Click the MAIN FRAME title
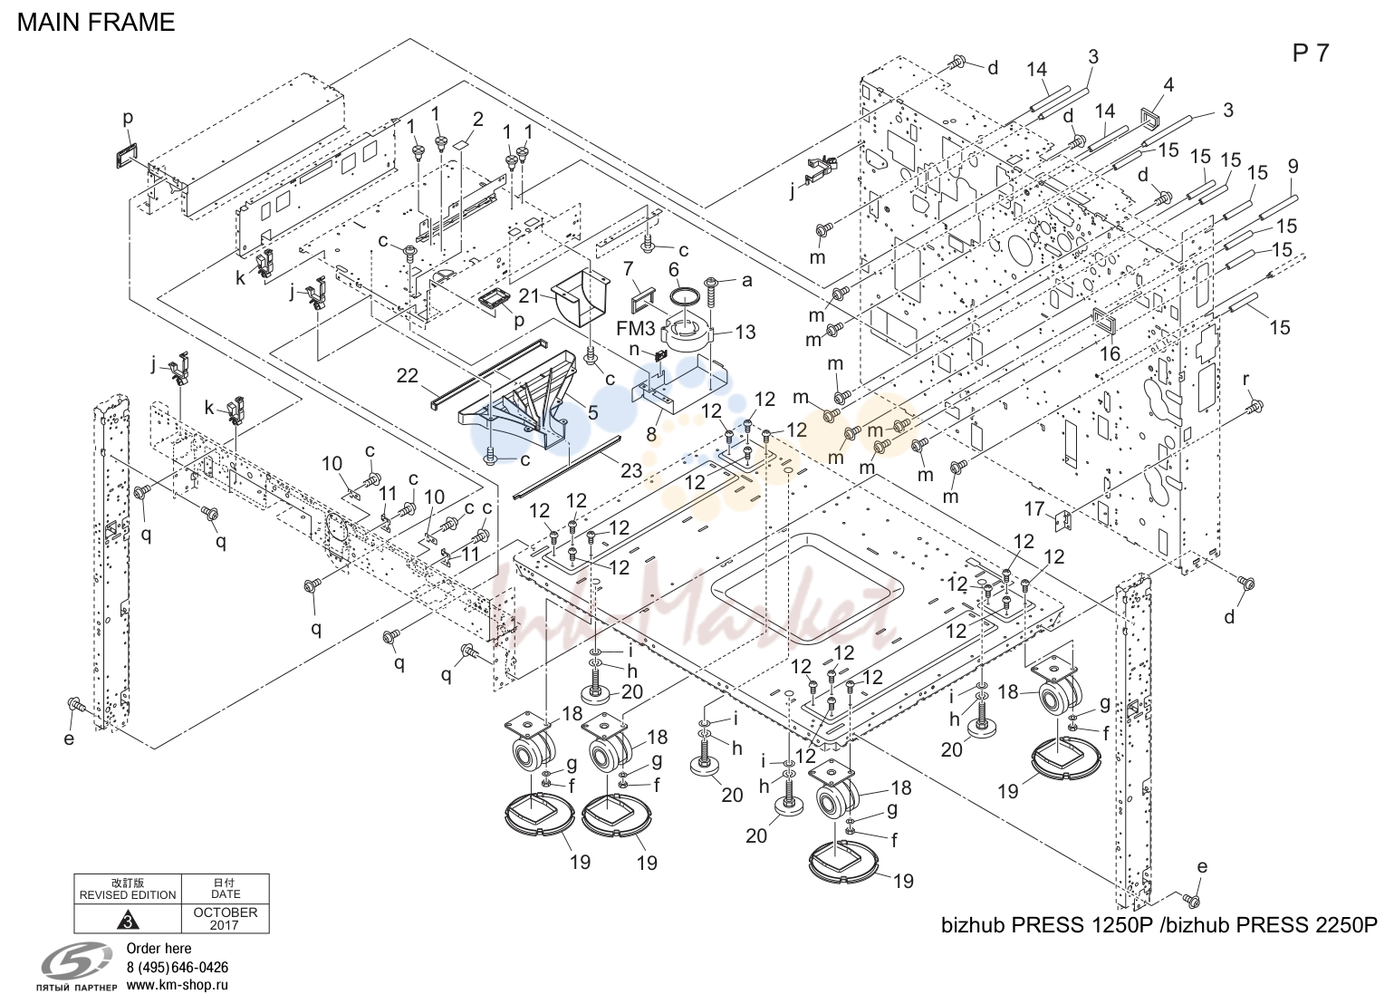point(96,23)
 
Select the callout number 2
point(477,119)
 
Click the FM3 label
point(635,327)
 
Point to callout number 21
point(529,296)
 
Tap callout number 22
point(408,376)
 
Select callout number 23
point(631,470)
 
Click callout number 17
point(1034,509)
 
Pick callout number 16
point(1110,353)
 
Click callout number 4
point(1168,84)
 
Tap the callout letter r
point(1245,380)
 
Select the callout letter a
point(747,281)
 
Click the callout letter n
point(634,350)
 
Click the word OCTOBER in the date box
point(226,912)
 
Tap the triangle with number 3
point(128,920)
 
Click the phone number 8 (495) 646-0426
point(178,968)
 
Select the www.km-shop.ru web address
point(178,985)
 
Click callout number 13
point(745,332)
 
